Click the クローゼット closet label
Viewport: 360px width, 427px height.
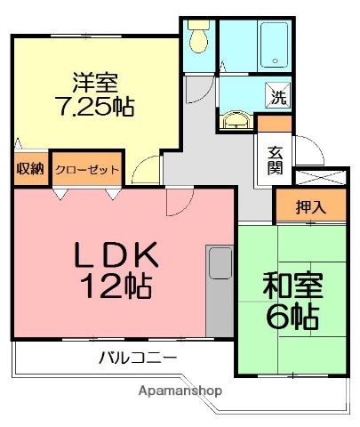point(86,168)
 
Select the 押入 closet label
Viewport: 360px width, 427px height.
point(310,207)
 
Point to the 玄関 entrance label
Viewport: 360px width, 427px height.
point(271,157)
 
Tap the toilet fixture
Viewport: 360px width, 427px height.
point(196,38)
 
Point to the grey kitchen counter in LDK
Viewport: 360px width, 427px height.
point(218,293)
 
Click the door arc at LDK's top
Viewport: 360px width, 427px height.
point(177,202)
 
